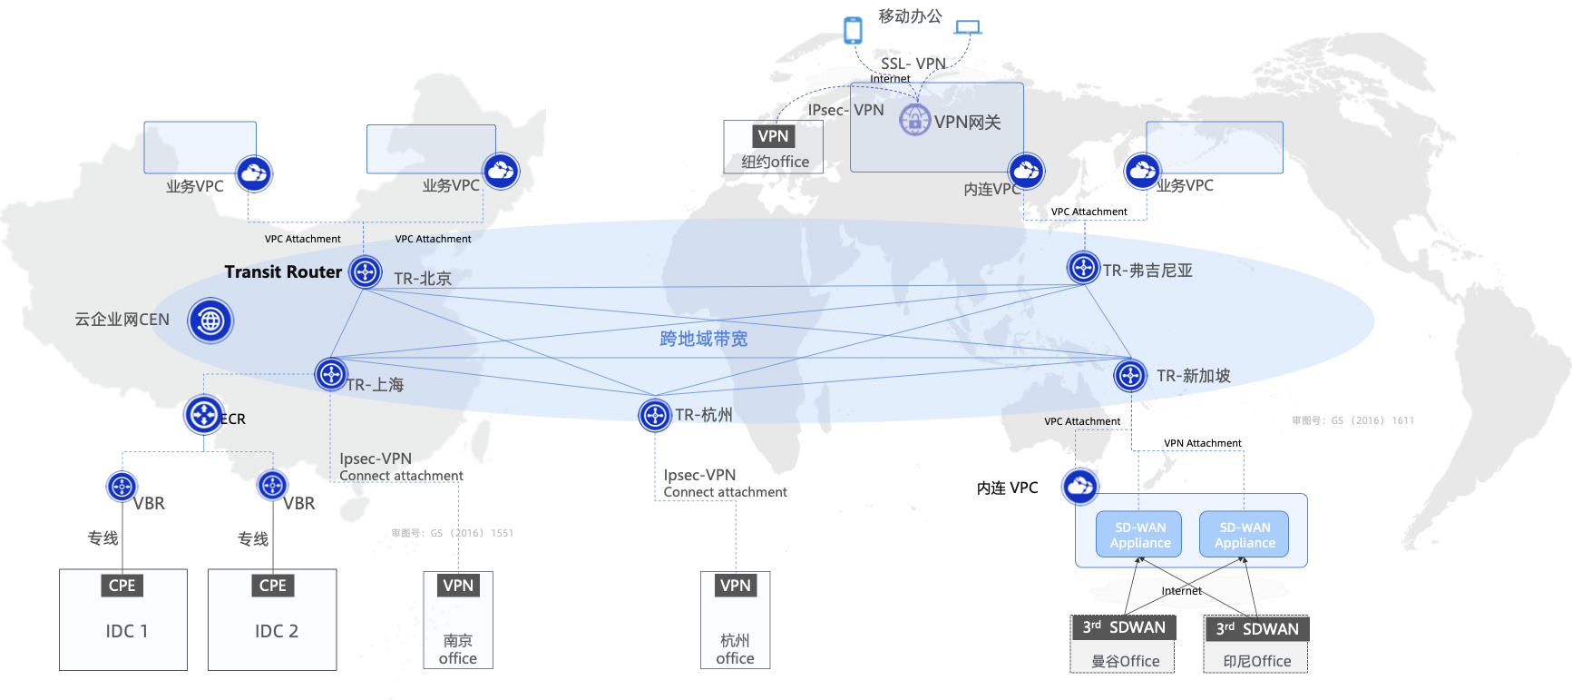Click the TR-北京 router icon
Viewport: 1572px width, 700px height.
coord(366,271)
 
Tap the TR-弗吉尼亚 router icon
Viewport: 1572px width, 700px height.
coord(1083,268)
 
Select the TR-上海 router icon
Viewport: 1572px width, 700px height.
coord(331,374)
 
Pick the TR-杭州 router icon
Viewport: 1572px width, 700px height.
coord(654,416)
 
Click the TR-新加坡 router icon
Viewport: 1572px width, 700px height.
coord(1130,375)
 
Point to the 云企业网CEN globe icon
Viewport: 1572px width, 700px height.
coord(210,320)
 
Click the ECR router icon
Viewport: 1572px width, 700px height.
coord(204,415)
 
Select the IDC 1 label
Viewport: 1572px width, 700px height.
coord(126,631)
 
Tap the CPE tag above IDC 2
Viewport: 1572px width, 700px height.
coord(272,586)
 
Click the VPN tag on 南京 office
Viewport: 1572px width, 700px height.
coord(458,586)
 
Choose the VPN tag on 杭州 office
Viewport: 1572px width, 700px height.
coord(735,586)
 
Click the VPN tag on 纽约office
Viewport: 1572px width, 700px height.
coord(773,136)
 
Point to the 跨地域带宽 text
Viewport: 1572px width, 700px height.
coord(703,339)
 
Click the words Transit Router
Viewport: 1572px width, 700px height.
coord(283,271)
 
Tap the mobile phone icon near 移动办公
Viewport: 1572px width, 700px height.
coord(853,30)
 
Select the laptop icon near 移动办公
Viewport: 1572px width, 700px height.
coord(969,27)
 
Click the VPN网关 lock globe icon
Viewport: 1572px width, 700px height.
coord(914,120)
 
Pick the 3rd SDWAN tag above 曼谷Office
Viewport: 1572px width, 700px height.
coord(1124,627)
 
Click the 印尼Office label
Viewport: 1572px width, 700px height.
coord(1256,661)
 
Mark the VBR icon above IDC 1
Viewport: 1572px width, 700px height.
coord(122,487)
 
